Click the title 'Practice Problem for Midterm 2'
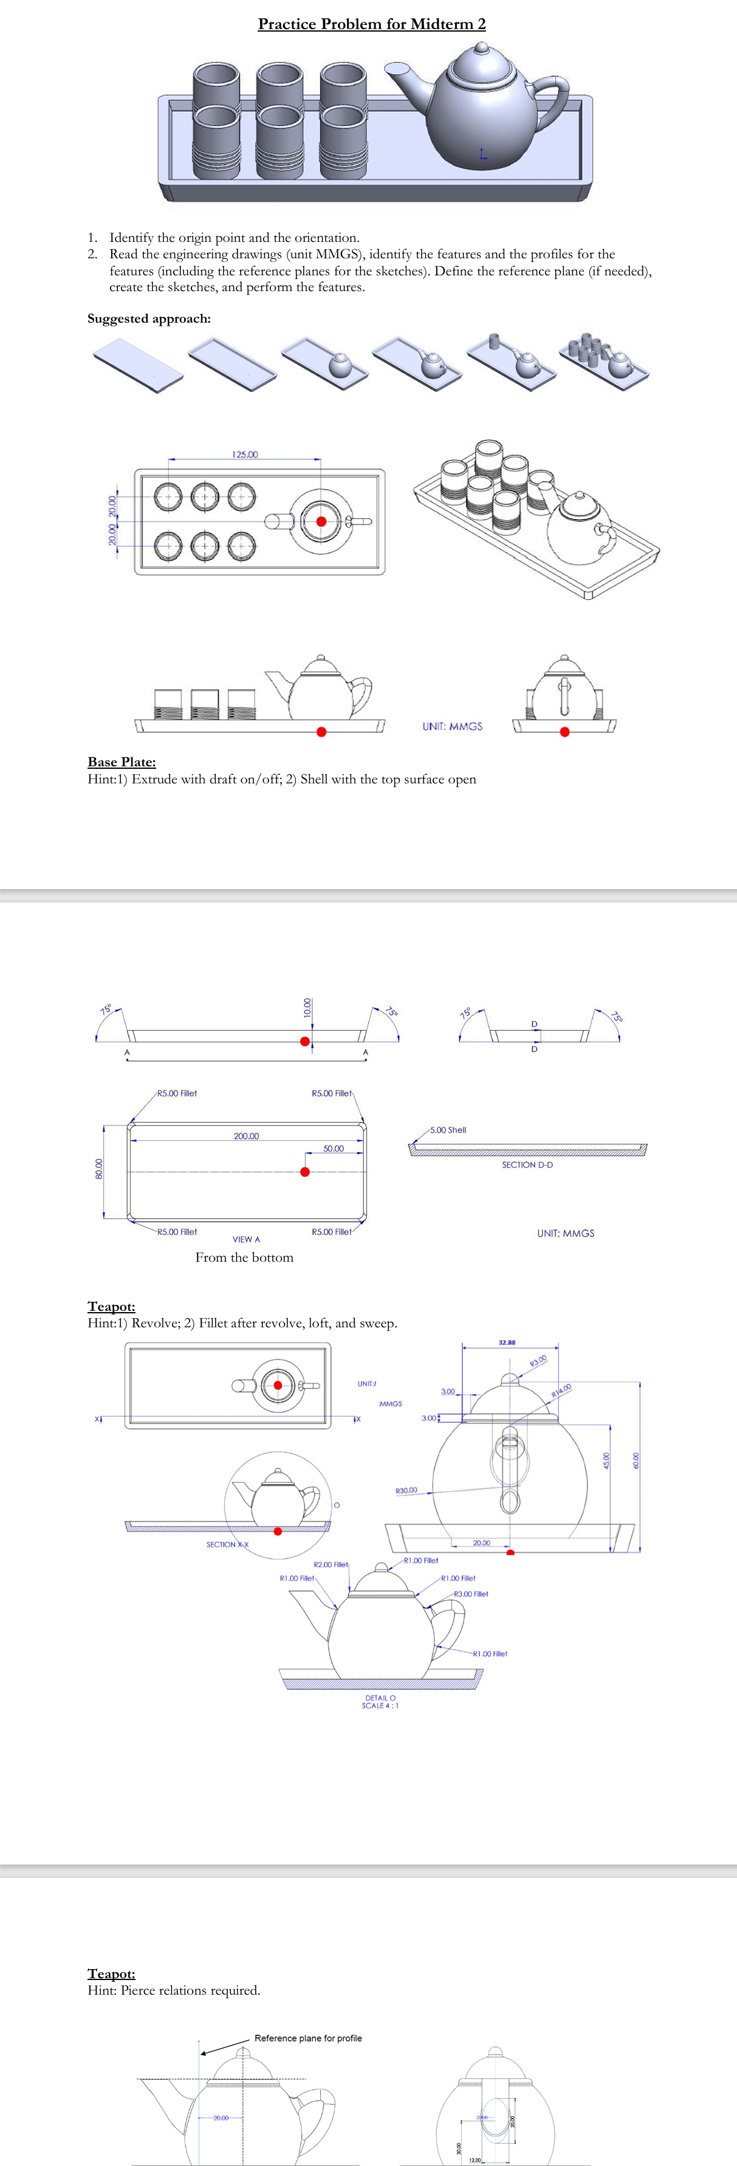[371, 24]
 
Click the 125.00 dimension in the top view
[244, 454]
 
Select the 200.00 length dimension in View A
[246, 1136]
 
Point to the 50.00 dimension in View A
[333, 1149]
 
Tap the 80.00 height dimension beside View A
[98, 1169]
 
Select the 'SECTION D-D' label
[527, 1164]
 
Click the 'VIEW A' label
[246, 1239]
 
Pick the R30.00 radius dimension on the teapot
[406, 1491]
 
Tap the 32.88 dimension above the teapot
[507, 1343]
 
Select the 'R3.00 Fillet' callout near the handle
[471, 1594]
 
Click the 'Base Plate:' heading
[122, 762]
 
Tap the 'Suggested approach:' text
[149, 318]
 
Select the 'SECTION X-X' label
[227, 1545]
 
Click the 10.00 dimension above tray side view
[307, 1007]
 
